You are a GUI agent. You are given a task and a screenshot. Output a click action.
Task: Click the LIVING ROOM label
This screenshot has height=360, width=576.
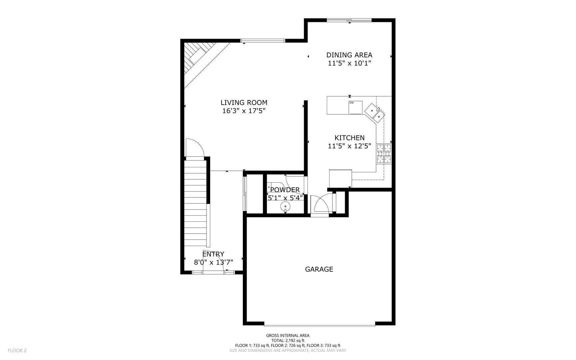tap(244, 103)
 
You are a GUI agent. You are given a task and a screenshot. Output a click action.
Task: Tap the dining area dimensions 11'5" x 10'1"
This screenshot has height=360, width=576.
tap(349, 63)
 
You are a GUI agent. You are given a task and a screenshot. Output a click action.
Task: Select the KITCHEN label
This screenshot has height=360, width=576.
tap(349, 138)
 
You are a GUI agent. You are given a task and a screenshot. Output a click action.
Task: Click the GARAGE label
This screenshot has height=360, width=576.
tap(319, 269)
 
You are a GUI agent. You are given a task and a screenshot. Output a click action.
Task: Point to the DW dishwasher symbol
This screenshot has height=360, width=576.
tap(355, 107)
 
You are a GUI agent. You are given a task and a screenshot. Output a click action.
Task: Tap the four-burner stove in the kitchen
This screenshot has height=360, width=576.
tap(384, 154)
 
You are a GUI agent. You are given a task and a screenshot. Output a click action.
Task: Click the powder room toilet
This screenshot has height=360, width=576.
tap(275, 187)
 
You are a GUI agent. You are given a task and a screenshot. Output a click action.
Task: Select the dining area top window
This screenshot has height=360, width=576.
tap(349, 20)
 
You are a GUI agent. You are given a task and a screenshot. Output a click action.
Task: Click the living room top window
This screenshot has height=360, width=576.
tap(263, 41)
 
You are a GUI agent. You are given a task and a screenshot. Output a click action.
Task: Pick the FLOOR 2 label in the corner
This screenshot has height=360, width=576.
tap(17, 350)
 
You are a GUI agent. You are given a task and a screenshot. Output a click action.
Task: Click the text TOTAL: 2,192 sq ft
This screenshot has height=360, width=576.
tap(288, 341)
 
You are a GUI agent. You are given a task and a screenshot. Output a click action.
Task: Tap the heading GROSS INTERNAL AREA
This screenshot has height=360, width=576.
tap(288, 336)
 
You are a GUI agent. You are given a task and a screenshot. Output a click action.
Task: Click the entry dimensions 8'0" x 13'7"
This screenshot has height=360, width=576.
tap(213, 262)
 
